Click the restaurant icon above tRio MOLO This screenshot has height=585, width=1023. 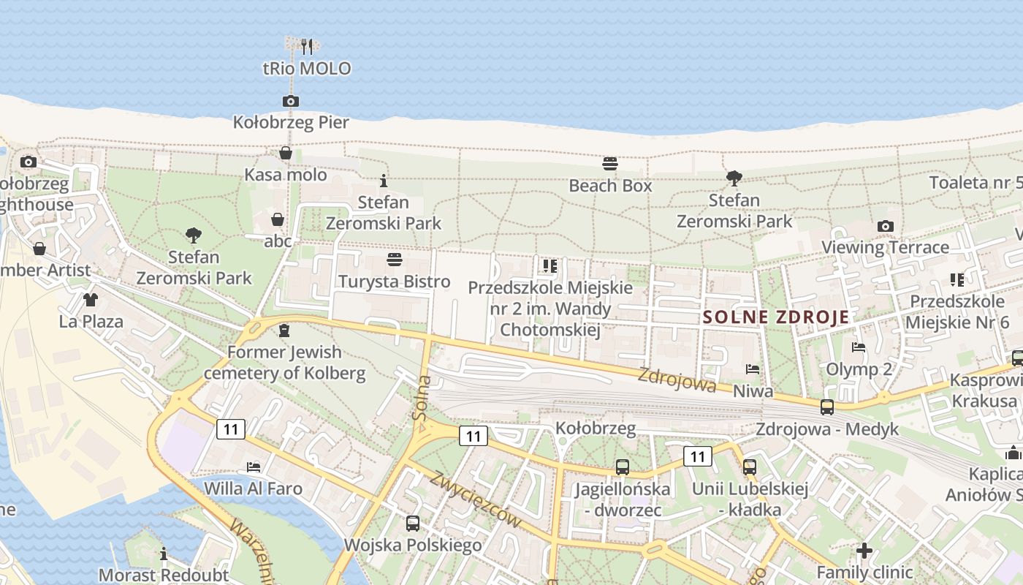[x=307, y=46]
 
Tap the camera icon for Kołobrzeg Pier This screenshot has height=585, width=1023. [x=291, y=101]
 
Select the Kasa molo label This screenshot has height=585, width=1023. [x=286, y=175]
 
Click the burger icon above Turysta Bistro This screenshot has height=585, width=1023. [x=395, y=260]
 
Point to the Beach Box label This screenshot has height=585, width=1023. [x=610, y=186]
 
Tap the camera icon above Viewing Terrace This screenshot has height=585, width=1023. [x=886, y=226]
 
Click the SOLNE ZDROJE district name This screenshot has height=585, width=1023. [x=776, y=317]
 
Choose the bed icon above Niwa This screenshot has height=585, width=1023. [x=753, y=369]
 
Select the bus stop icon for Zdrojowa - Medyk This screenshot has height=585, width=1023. [x=827, y=407]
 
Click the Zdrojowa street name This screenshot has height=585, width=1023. [x=677, y=380]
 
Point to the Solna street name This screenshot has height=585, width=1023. [x=422, y=398]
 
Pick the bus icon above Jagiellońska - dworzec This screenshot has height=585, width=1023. [x=623, y=467]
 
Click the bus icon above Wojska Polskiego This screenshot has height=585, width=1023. [x=413, y=523]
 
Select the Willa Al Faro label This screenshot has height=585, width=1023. [x=253, y=488]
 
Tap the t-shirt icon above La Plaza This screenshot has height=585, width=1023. [x=91, y=299]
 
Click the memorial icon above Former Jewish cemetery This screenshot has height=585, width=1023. [x=284, y=331]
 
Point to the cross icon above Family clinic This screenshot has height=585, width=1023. [x=864, y=550]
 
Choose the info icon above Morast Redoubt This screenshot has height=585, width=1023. [x=164, y=554]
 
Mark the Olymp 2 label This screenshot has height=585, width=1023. [x=859, y=369]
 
